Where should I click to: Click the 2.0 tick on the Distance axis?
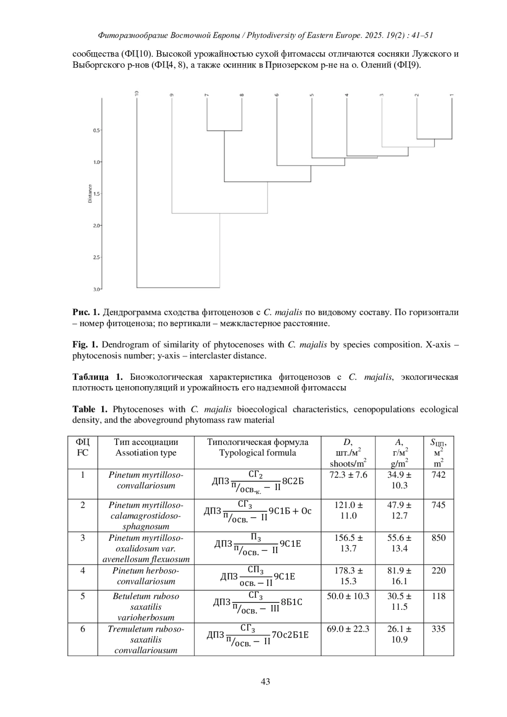[97, 226]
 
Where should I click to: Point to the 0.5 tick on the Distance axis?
[97, 131]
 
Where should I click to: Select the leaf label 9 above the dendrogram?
[172, 95]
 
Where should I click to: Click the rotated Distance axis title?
[90, 194]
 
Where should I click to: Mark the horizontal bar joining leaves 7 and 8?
[224, 131]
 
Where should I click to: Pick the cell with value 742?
[439, 475]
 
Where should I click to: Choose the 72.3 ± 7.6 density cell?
[348, 475]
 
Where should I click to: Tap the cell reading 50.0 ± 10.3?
[348, 596]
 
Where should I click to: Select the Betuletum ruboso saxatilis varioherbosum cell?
[146, 607]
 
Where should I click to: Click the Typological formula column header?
[257, 447]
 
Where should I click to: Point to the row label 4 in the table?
[83, 570]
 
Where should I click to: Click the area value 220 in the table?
[439, 570]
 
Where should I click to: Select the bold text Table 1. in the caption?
[90, 409]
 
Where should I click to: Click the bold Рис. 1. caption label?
[86, 313]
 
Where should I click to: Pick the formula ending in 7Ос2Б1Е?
[257, 635]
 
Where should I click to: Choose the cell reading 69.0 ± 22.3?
[348, 629]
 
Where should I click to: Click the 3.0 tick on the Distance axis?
[97, 289]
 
